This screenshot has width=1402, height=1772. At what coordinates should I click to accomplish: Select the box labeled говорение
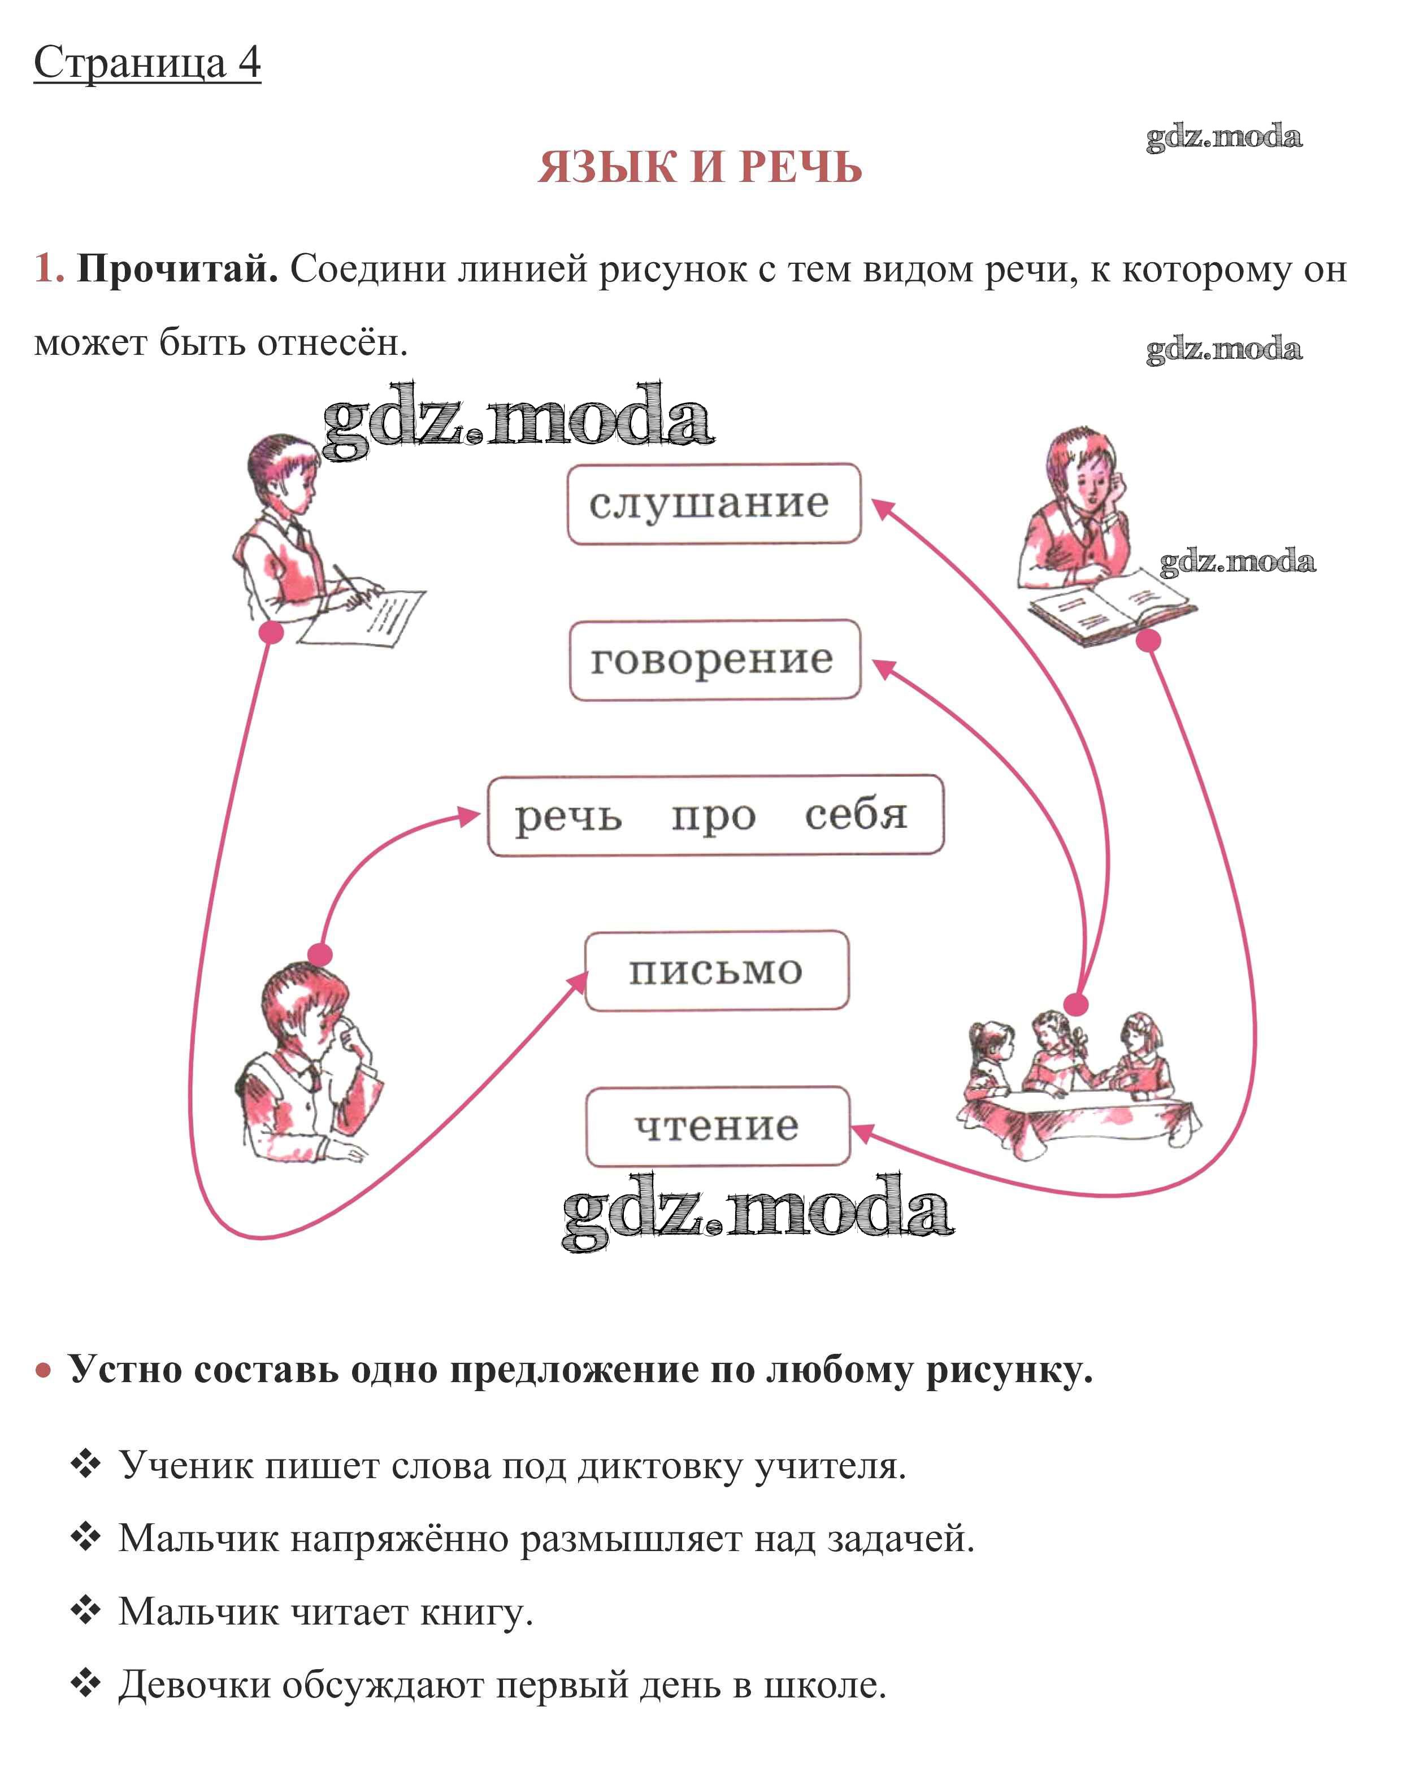point(715,660)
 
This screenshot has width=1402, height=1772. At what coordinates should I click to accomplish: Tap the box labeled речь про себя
point(715,816)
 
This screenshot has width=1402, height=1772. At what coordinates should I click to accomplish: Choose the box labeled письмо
point(716,971)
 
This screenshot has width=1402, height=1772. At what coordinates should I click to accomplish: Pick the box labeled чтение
point(717,1126)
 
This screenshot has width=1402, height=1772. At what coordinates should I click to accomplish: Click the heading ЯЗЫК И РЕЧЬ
point(700,167)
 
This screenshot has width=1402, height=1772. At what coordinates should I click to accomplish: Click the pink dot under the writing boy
point(272,632)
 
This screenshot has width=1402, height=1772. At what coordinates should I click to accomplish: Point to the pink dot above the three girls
point(1075,1004)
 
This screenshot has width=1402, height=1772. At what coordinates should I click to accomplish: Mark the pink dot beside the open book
point(1149,640)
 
